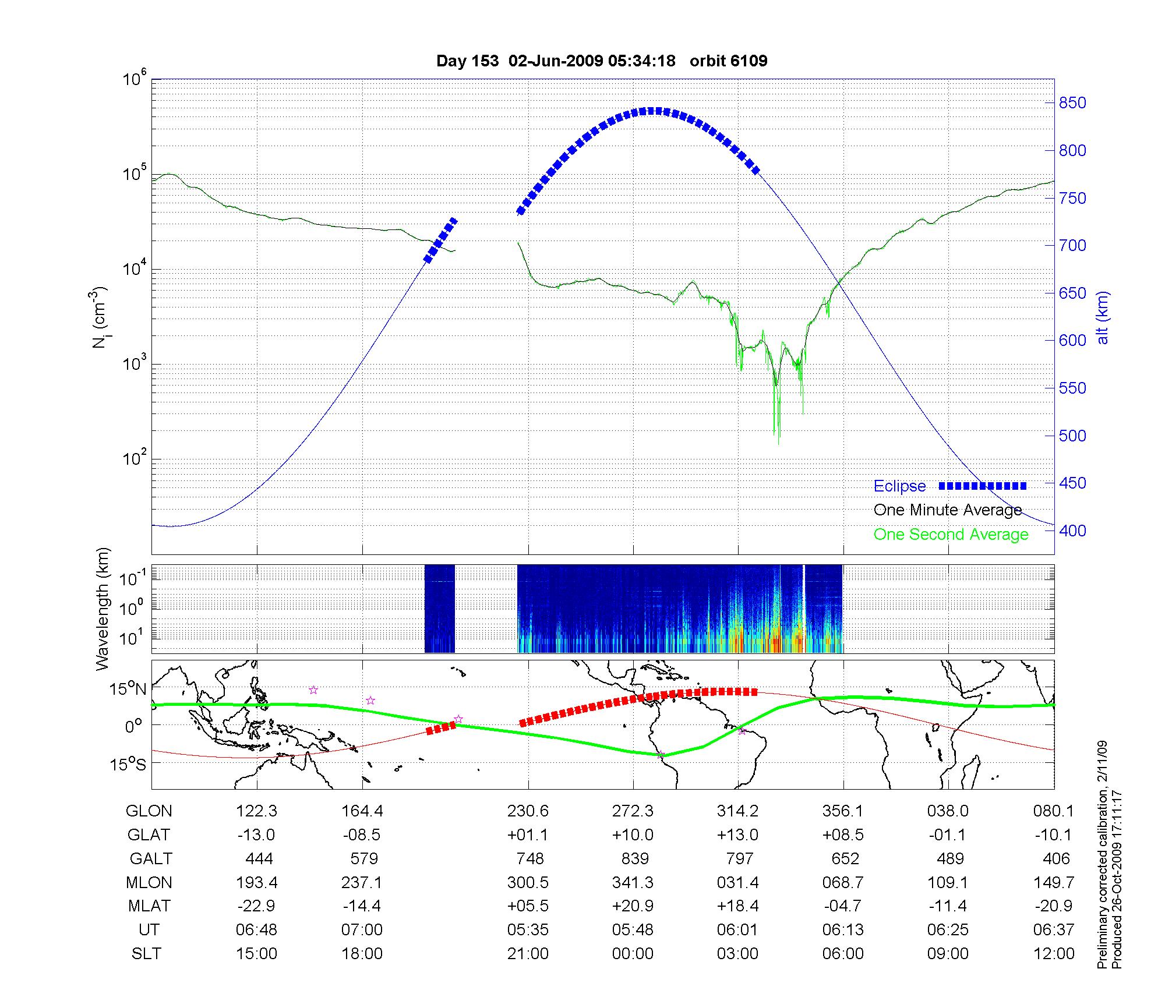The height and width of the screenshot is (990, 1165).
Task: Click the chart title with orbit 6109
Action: [x=602, y=61]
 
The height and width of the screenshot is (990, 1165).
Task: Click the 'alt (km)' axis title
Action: [x=1103, y=317]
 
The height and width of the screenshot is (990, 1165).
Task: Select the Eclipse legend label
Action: [x=899, y=486]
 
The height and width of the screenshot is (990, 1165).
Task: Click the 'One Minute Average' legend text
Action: [x=948, y=510]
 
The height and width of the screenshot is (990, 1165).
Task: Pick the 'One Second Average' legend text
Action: [x=951, y=535]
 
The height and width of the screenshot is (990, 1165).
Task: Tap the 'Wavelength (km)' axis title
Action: [x=103, y=609]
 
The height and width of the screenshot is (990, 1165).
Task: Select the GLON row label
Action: [x=149, y=811]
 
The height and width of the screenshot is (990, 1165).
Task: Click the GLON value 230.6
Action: [x=528, y=811]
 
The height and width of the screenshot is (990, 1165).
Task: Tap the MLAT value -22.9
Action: [x=256, y=906]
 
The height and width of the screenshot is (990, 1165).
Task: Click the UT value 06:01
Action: [x=738, y=930]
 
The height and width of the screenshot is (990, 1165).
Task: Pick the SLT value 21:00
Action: [x=528, y=954]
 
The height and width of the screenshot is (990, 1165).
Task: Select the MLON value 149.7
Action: [x=1053, y=882]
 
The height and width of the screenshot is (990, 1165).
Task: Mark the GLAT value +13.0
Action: [x=738, y=835]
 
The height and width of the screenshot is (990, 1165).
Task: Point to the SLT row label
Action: [x=146, y=954]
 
